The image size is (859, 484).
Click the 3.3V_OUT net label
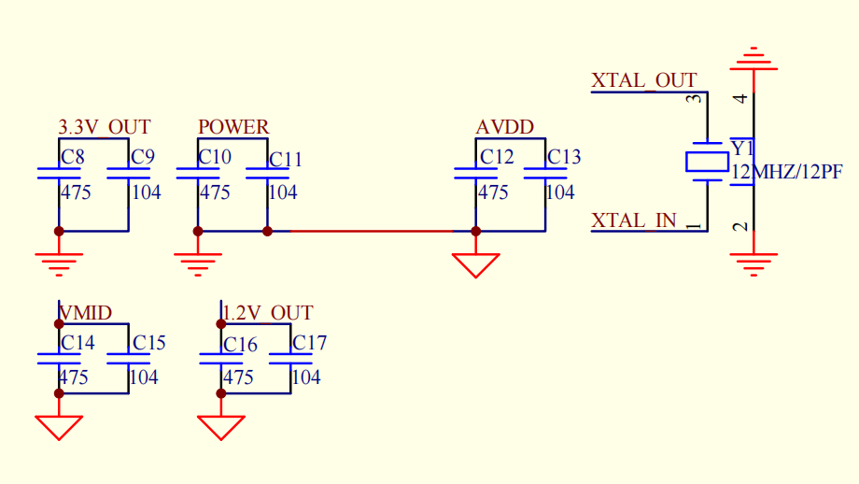pos(104,127)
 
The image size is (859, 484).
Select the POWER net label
pos(233,127)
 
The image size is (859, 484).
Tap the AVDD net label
pos(504,127)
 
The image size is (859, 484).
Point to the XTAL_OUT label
pos(643,80)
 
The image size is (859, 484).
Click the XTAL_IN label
pos(634,221)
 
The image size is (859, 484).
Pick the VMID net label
pos(86,313)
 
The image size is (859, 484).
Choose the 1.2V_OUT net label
pos(267,313)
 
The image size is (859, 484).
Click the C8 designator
pos(72,157)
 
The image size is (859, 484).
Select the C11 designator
pos(286,160)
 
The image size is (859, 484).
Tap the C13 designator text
pos(564,157)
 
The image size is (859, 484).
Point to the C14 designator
pos(77,343)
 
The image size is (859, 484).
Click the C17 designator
pos(310,343)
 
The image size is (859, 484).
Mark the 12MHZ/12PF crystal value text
pos(787,172)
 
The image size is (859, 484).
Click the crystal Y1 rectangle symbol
pos(707,163)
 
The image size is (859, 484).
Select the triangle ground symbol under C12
pos(475,265)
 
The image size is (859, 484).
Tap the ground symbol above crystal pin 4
pos(753,59)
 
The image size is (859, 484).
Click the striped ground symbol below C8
pos(59,264)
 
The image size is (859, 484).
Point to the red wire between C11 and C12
pos(372,232)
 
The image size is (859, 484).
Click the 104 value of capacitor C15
pos(144,377)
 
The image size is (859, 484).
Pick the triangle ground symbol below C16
pos(220,428)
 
